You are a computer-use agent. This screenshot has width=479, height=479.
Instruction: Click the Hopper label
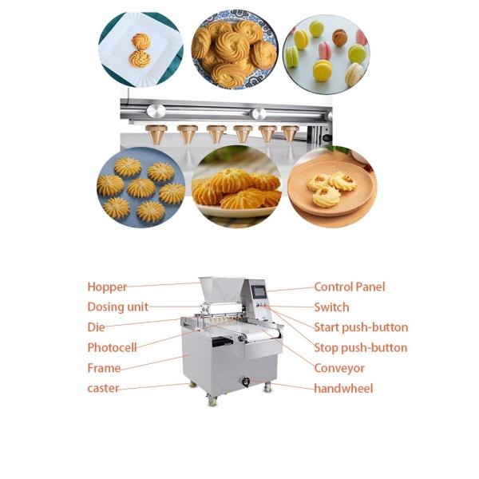pyautogui.click(x=107, y=287)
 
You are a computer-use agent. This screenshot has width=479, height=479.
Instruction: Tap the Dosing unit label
pyautogui.click(x=118, y=307)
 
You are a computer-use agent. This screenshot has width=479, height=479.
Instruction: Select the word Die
pyautogui.click(x=96, y=327)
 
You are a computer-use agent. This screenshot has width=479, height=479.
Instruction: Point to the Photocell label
pyautogui.click(x=112, y=347)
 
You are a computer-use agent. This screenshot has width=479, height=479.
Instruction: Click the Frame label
pyautogui.click(x=104, y=368)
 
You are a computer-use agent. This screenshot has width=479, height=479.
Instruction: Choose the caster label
pyautogui.click(x=103, y=388)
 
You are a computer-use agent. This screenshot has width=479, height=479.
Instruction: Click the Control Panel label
pyautogui.click(x=350, y=287)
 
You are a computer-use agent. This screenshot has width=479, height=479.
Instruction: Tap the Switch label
pyautogui.click(x=331, y=307)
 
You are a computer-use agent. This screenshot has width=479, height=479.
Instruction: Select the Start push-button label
pyautogui.click(x=361, y=327)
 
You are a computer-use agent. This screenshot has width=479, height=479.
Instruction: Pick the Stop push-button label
pyautogui.click(x=361, y=347)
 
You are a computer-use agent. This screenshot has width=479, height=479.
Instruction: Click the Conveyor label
pyautogui.click(x=339, y=368)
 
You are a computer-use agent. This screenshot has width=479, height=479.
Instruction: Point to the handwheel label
pyautogui.click(x=343, y=389)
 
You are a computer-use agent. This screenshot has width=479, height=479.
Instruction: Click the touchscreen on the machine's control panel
pyautogui.click(x=259, y=291)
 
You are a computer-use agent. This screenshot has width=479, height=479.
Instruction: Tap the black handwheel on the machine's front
pyautogui.click(x=246, y=382)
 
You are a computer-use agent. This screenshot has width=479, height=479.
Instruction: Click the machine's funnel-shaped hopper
pyautogui.click(x=221, y=290)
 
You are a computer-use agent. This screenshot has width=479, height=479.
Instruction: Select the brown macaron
pyautogui.click(x=339, y=38)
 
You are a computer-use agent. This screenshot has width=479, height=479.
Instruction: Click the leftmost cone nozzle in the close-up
pyautogui.click(x=156, y=134)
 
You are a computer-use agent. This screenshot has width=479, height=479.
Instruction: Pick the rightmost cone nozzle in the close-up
pyautogui.click(x=290, y=133)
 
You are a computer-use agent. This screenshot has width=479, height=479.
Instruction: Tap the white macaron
pyautogui.click(x=354, y=73)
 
